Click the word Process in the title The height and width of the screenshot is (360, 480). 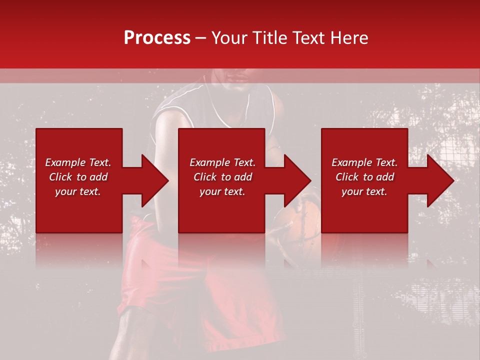pos(157,38)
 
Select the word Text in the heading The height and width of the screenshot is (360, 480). pos(307,38)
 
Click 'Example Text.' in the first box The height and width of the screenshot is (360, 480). pos(78,162)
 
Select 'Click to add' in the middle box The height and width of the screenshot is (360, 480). pos(222,177)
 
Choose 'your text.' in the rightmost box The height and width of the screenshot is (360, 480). pos(364,191)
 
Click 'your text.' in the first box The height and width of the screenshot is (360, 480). pos(78,191)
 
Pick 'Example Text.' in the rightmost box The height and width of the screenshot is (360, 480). pos(364,162)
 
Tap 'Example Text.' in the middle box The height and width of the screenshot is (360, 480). pos(222,162)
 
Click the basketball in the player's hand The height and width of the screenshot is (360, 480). pos(300,220)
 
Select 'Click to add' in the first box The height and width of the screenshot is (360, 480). pos(78,177)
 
